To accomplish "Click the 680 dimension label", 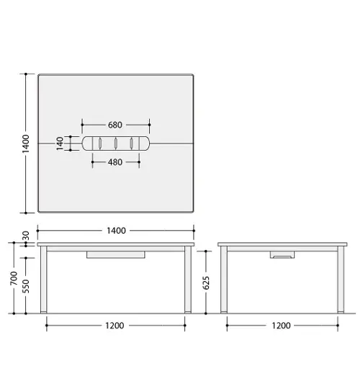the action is tap(115, 125).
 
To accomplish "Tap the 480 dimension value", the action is tap(115, 162).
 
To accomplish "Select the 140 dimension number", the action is tap(60, 143).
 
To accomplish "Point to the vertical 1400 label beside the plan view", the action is tap(25, 143).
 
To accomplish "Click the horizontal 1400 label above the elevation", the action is tap(116, 231).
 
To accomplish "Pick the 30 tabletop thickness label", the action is tap(25, 236).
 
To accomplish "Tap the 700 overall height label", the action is tap(14, 278).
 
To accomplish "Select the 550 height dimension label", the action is tap(25, 286).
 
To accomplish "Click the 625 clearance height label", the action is tap(206, 283).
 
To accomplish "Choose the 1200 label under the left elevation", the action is tap(115, 326).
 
